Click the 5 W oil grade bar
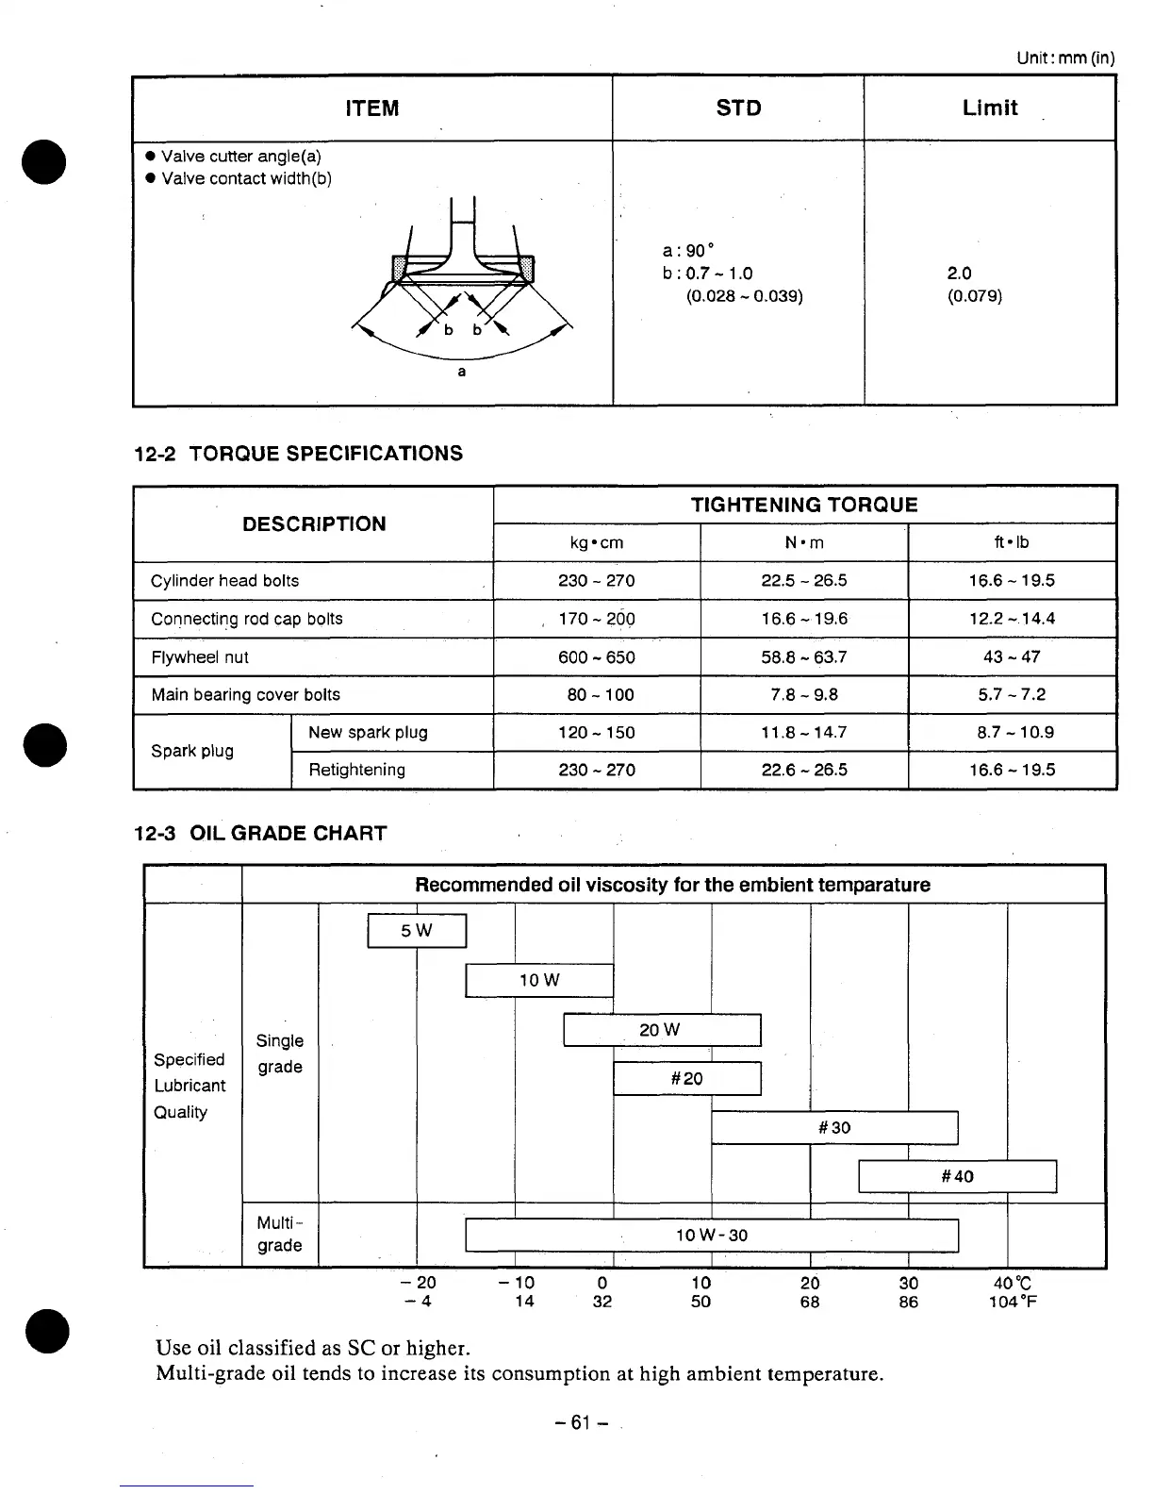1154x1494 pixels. (417, 931)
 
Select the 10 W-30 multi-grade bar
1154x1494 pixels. (712, 1236)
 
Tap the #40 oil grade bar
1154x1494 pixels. (957, 1176)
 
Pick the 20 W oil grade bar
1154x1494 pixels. (661, 1030)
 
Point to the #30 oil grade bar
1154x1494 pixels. (834, 1127)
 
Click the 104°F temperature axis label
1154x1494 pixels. (1014, 1303)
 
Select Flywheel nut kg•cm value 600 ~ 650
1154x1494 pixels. (597, 657)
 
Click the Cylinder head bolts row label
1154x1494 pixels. (225, 581)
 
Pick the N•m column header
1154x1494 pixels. (804, 542)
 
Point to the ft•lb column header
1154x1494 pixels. (1012, 542)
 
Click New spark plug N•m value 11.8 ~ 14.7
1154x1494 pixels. (804, 733)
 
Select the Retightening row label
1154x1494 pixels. (357, 771)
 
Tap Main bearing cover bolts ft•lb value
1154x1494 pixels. (1012, 695)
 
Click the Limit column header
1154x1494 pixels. (990, 108)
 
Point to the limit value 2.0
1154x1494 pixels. (960, 274)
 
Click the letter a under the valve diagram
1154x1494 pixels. (462, 372)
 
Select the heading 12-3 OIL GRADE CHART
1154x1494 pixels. (261, 834)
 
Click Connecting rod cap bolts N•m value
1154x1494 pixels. (804, 620)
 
